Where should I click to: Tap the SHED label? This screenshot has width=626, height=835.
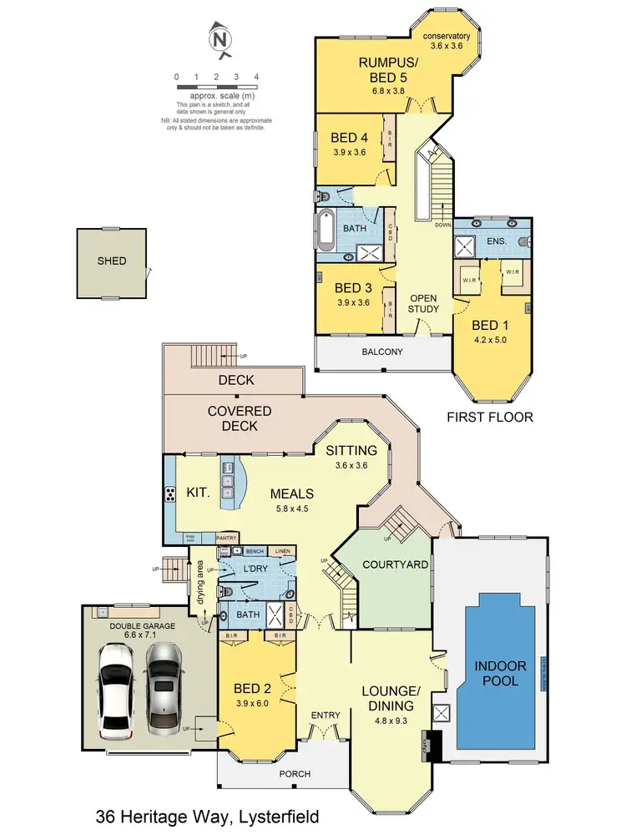point(111,261)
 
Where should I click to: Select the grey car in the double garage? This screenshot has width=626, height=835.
point(164,684)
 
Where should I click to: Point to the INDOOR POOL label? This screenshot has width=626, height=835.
point(501,673)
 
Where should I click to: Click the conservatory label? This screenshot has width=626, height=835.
point(447,37)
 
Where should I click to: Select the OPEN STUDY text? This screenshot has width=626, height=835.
point(423,303)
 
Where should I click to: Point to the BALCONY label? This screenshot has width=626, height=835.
point(383,352)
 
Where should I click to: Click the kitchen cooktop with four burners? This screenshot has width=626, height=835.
point(171,493)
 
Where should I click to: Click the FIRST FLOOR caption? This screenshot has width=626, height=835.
point(490,416)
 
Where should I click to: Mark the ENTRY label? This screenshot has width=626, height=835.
point(323,716)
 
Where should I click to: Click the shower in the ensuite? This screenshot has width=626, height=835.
point(463,248)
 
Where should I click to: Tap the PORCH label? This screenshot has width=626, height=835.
point(294,774)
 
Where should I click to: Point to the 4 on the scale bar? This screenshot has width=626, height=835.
point(256,77)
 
